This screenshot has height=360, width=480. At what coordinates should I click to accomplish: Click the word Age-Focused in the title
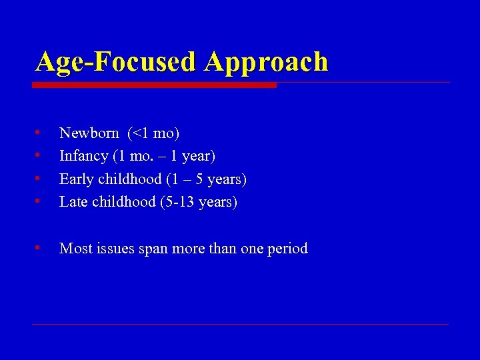117,62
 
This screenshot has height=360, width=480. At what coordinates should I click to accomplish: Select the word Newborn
89,133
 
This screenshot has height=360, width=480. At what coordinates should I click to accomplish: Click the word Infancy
84,156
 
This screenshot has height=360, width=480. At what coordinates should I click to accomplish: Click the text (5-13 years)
199,201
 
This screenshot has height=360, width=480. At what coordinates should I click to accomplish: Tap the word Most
75,249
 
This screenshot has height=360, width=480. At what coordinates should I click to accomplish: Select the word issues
115,249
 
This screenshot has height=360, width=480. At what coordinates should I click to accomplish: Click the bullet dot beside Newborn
39,132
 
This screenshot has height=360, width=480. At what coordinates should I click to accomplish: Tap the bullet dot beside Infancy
39,155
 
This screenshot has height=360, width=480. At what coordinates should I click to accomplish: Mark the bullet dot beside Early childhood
39,177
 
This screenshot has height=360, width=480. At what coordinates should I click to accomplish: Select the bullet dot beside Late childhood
39,200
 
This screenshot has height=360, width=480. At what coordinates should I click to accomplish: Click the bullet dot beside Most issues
39,247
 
